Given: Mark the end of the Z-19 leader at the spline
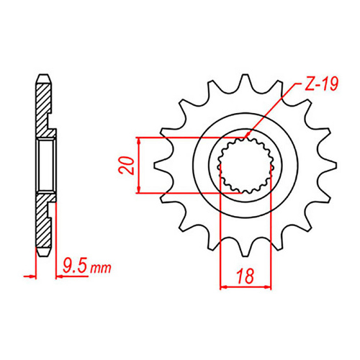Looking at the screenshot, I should (246, 138).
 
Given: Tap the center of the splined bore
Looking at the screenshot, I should (246, 164).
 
